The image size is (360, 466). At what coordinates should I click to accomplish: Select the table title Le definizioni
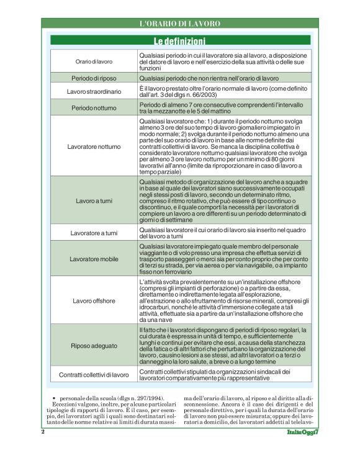(179, 42)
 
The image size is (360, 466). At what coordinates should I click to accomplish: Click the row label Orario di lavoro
(94, 62)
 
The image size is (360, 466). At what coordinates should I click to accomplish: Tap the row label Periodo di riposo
(94, 79)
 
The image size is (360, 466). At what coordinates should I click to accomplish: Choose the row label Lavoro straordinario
(94, 92)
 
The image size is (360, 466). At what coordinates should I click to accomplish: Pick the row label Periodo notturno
(94, 107)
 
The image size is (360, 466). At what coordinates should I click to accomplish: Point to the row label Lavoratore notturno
(94, 147)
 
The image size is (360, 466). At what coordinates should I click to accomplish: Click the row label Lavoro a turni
(94, 202)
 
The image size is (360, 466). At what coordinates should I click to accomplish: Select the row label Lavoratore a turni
(94, 233)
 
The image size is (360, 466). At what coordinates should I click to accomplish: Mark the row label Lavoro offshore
(94, 301)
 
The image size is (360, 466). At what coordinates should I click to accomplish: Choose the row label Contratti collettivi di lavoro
(94, 375)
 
